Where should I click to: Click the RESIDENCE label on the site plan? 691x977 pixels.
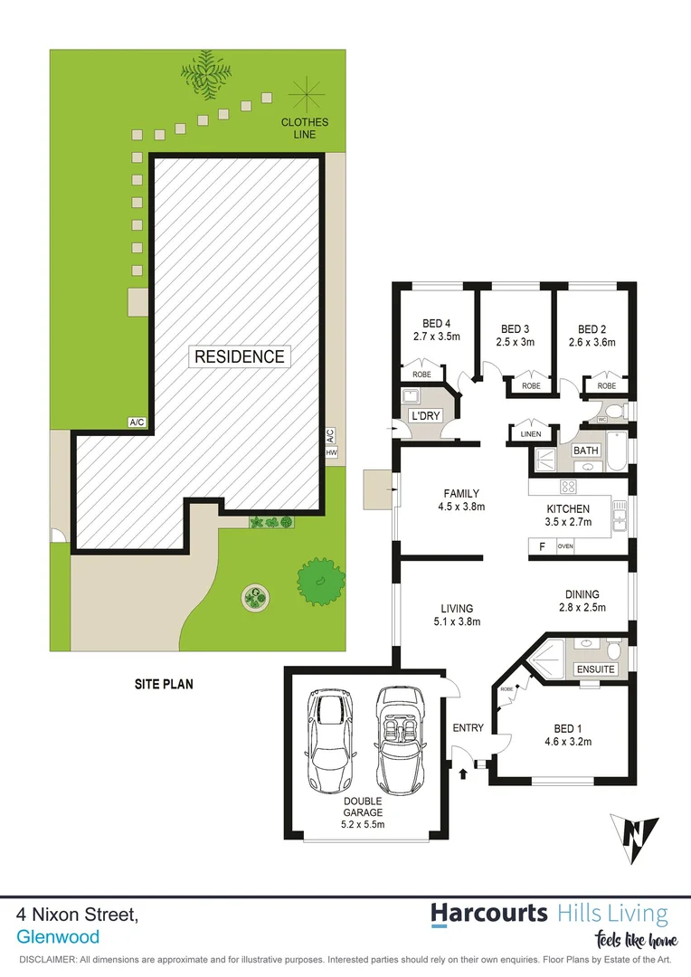240,356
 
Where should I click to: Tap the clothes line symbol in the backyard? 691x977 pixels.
305,94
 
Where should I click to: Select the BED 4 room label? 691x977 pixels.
436,330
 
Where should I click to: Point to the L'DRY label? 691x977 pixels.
424,415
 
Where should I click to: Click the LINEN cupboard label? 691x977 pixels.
530,434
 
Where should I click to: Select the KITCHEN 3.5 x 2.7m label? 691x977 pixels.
568,516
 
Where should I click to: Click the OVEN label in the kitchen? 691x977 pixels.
565,546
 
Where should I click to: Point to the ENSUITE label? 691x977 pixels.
595,669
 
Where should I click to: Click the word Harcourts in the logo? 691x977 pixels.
488,913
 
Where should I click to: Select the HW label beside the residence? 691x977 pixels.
331,452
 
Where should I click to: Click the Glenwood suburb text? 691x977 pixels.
58,937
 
